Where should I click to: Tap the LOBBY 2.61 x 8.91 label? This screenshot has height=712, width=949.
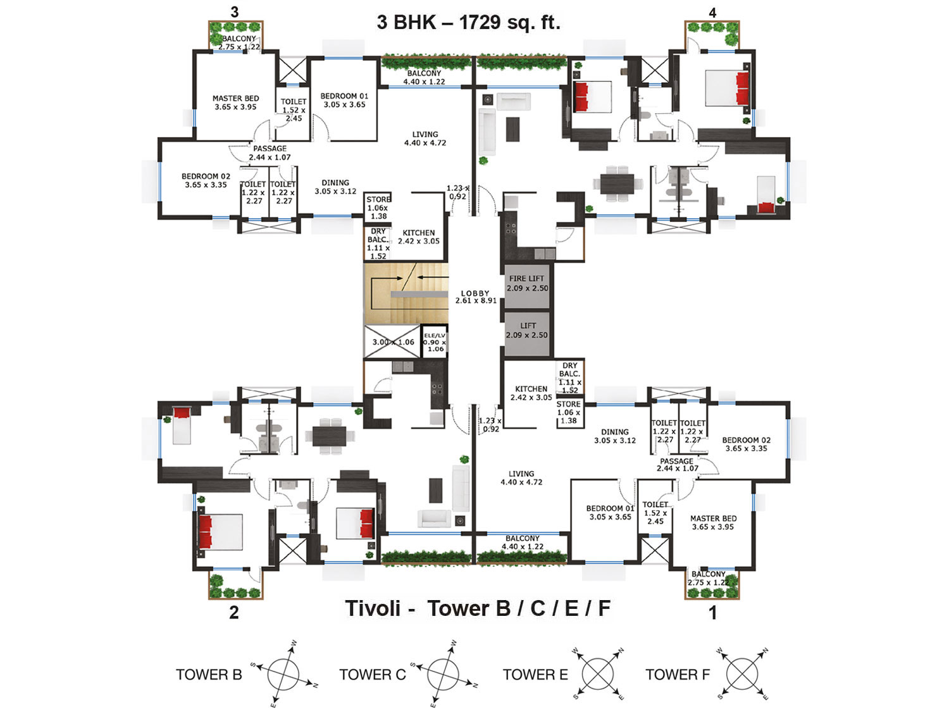pos(476,297)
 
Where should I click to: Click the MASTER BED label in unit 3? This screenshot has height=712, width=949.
pos(235,102)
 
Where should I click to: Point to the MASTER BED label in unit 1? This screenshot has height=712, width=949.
pos(713,522)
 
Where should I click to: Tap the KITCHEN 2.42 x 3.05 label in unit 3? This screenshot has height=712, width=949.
pos(419,236)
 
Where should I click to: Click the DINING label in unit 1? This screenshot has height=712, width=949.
pos(615,436)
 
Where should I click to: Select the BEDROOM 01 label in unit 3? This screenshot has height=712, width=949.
pos(345,101)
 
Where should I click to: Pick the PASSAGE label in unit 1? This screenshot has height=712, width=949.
pos(677,464)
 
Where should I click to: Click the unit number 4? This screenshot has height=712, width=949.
pos(712,13)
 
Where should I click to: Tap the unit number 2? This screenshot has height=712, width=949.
pos(234,612)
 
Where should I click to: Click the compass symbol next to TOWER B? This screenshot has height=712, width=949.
pos(283,674)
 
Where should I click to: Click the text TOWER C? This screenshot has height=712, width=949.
pos(372,675)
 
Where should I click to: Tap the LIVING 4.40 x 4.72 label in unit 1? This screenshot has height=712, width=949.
pos(521,478)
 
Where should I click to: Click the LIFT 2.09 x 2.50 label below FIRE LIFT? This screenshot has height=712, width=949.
pos(527,331)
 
